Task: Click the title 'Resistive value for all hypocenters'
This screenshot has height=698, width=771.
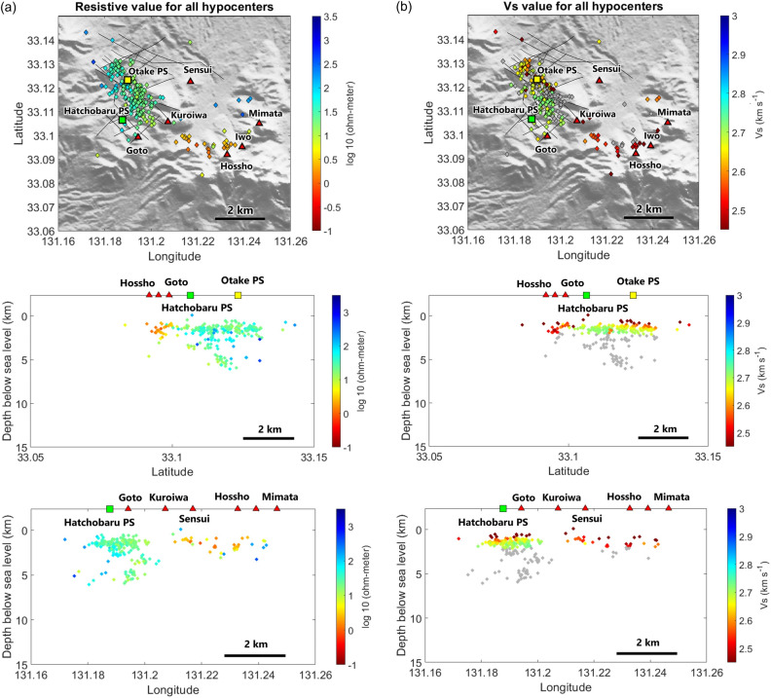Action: pos(162,8)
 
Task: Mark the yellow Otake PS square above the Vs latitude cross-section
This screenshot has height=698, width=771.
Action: pos(634,295)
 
